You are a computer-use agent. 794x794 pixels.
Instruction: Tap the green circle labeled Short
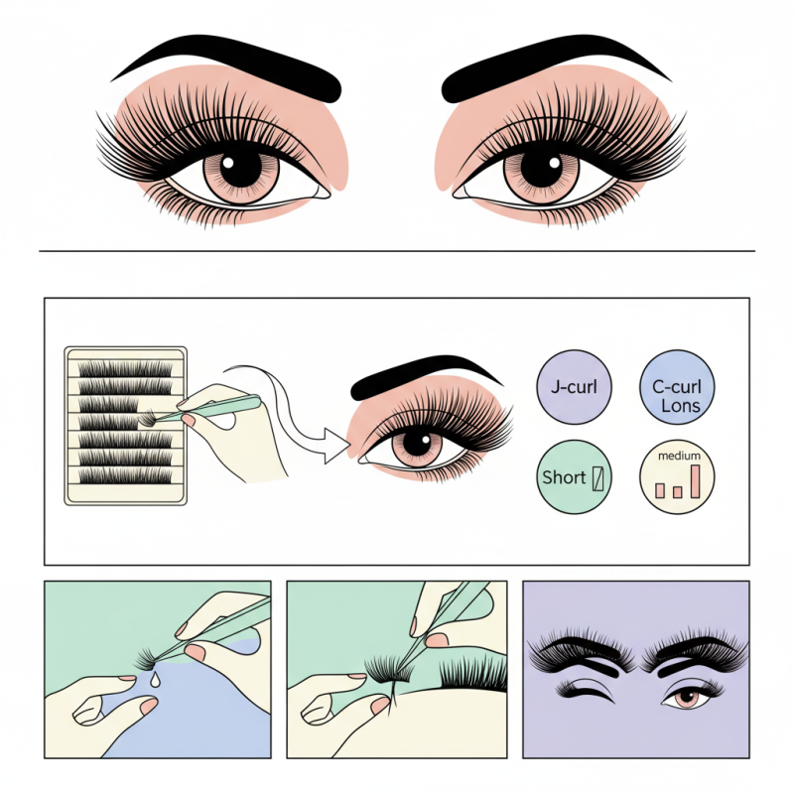[x=575, y=476]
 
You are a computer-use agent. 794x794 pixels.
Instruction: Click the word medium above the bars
[x=679, y=457]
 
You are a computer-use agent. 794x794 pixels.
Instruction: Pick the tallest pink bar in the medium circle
[x=697, y=480]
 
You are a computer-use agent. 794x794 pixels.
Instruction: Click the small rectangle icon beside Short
[x=597, y=477]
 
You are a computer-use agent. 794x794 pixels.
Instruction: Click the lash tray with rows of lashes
[x=125, y=425]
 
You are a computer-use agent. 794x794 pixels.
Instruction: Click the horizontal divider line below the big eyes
[x=397, y=251]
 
